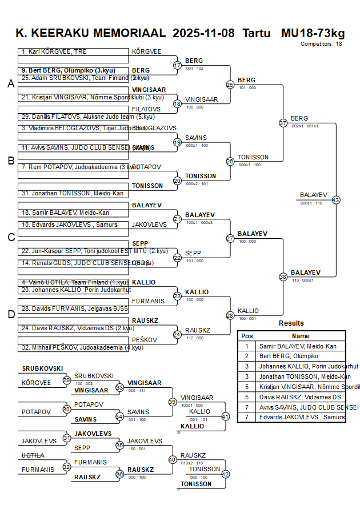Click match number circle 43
tap(335, 200)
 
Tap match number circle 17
tap(177, 65)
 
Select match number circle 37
tap(283, 123)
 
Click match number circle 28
tap(230, 315)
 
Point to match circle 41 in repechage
tap(225, 416)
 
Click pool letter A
tap(10, 84)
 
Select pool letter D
tap(10, 314)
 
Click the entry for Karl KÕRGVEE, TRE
tap(54, 51)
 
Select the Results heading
tap(291, 323)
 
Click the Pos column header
tap(247, 336)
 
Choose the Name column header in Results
tap(301, 336)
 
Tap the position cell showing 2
tap(247, 356)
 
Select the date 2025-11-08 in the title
tap(203, 33)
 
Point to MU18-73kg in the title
tap(313, 33)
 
